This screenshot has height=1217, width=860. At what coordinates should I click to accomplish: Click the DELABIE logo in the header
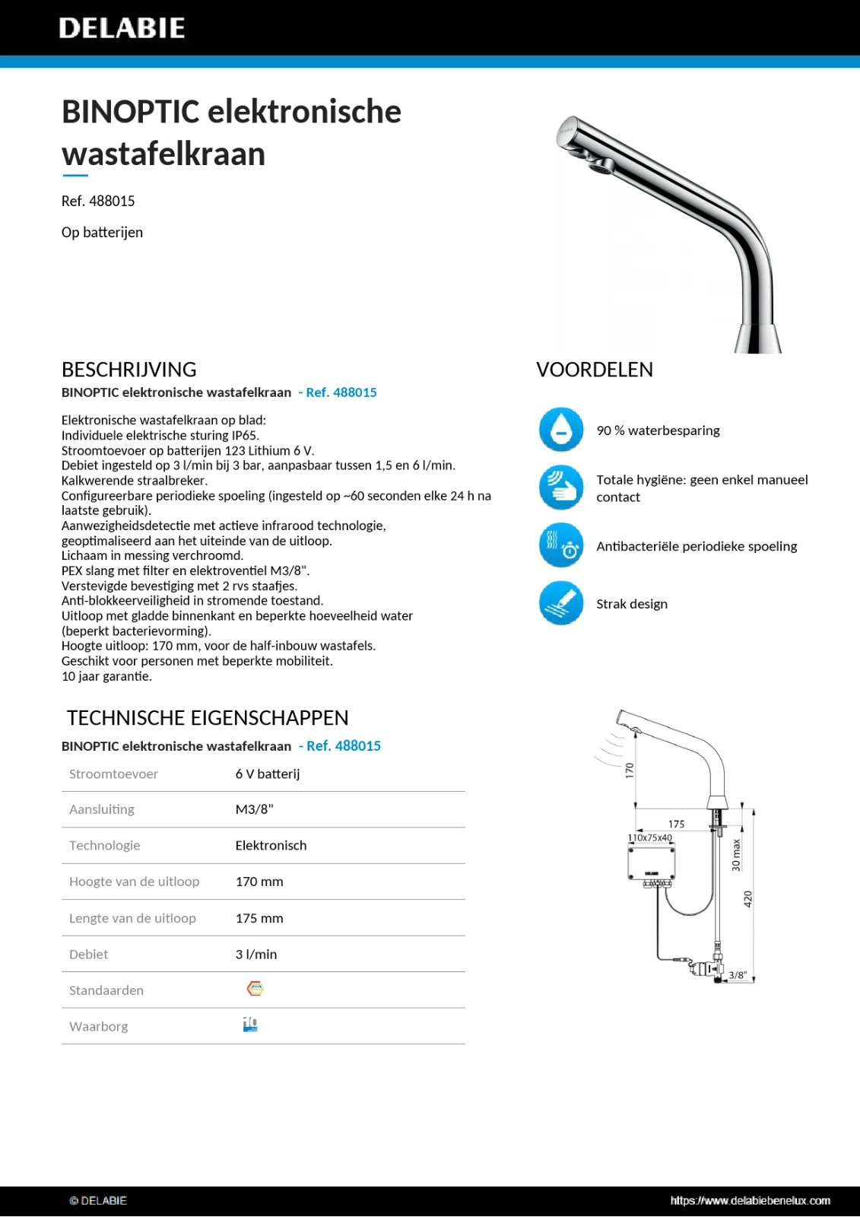(122, 28)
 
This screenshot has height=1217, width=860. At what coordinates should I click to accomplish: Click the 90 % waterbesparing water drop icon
(561, 430)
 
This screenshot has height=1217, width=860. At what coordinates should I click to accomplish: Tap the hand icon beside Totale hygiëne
(561, 488)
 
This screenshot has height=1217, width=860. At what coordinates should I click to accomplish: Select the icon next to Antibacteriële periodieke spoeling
(561, 545)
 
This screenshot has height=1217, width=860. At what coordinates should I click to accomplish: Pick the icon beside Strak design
(561, 603)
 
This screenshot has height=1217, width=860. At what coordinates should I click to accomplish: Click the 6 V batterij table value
(268, 774)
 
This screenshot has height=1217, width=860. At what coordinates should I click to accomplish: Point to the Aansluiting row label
(102, 809)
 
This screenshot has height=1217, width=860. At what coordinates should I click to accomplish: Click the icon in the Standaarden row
(255, 989)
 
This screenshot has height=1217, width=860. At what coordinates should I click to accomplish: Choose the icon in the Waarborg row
(250, 1025)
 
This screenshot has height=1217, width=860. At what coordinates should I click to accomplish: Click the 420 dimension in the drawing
(747, 898)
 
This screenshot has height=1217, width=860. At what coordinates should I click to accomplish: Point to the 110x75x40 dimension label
(649, 837)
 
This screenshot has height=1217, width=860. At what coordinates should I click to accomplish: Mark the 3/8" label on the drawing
(738, 975)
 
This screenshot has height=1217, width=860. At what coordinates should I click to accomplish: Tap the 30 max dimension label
(735, 855)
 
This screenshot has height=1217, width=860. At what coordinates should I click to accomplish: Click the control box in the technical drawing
(651, 863)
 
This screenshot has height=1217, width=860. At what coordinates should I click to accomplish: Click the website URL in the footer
(750, 1200)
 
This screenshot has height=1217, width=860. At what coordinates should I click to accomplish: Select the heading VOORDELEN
(595, 370)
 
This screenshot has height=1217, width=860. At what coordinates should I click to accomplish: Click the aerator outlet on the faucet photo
(602, 166)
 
